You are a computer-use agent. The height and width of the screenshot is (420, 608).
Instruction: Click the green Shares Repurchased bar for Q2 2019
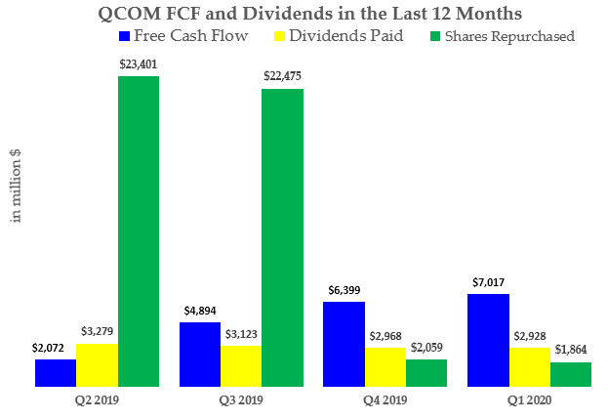tap(139, 231)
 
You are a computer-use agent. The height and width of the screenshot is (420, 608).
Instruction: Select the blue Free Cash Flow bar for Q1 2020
tap(488, 340)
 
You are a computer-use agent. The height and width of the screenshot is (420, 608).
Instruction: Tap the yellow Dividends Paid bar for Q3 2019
tap(241, 366)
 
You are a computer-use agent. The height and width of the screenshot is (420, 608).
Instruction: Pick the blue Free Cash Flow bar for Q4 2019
tap(345, 344)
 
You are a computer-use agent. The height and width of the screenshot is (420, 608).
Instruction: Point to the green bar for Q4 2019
tap(426, 373)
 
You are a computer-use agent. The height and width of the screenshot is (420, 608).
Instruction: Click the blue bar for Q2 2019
tap(56, 373)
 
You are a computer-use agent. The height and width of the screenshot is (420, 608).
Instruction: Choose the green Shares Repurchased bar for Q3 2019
tap(282, 237)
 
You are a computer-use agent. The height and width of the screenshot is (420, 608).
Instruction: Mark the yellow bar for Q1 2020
tap(529, 367)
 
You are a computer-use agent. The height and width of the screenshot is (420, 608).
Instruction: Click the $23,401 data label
tap(139, 64)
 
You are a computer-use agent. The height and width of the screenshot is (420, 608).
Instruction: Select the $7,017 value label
tap(488, 283)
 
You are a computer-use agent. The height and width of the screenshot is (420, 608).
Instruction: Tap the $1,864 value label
tap(570, 350)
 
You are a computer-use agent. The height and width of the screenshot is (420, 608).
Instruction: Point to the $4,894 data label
tap(201, 312)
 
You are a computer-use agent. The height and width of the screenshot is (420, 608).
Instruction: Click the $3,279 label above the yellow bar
tap(97, 332)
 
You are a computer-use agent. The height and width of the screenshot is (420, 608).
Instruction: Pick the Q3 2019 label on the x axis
tap(241, 399)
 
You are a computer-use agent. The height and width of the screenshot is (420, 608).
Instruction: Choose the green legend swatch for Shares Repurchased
tap(435, 36)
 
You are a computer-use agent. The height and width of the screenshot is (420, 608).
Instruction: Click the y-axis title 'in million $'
tap(17, 186)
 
